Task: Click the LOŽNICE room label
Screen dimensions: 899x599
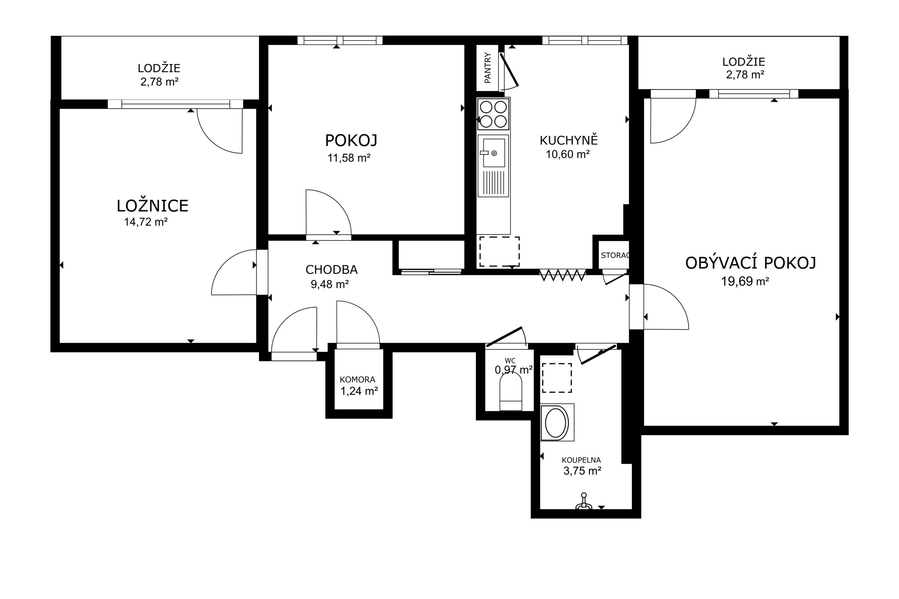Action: [x=152, y=206]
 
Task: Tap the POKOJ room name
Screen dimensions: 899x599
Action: [x=351, y=140]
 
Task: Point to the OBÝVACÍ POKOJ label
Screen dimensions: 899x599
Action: [x=750, y=263]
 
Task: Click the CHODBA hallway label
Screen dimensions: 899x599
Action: [x=332, y=270]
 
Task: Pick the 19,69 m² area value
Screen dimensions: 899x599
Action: [x=745, y=281]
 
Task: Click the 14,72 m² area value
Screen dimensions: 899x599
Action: [x=146, y=222]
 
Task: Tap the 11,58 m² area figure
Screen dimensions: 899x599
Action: [x=349, y=158]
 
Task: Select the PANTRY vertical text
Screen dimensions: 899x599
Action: [x=487, y=68]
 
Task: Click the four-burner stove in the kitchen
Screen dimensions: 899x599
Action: [x=493, y=113]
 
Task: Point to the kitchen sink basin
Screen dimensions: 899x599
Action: [x=494, y=153]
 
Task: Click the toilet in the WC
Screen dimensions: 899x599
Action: [x=511, y=392]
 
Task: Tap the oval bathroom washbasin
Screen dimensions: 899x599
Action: [x=557, y=422]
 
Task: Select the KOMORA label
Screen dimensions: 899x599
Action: [x=357, y=380]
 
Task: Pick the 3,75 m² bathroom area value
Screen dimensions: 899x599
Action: [x=582, y=471]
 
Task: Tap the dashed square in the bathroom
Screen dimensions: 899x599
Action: [x=557, y=378]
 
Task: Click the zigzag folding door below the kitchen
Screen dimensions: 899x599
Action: [x=563, y=275]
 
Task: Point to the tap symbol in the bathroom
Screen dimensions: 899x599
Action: [x=584, y=501]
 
